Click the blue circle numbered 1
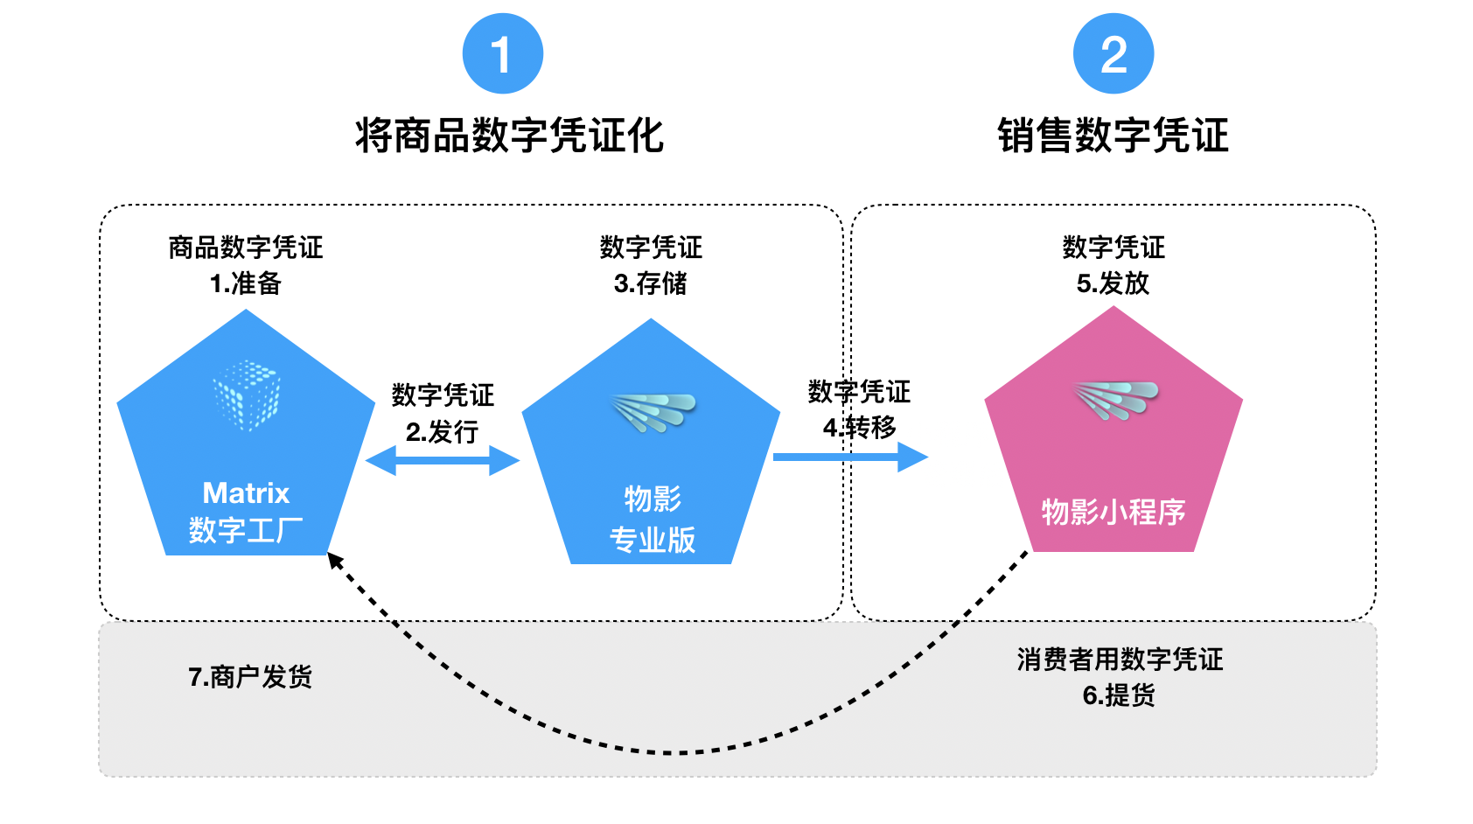(x=503, y=53)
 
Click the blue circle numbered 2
(x=1113, y=53)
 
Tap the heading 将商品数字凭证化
(x=510, y=136)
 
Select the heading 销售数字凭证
(x=1113, y=136)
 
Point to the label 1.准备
(x=246, y=283)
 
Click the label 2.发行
(x=442, y=432)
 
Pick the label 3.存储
(x=651, y=283)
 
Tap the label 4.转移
(x=860, y=428)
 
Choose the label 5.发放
(x=1113, y=283)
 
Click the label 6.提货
(x=1119, y=695)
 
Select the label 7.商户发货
(x=250, y=677)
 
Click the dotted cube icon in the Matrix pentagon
(x=247, y=395)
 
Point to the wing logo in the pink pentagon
(x=1116, y=400)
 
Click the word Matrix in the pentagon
(x=246, y=493)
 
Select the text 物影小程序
(x=1113, y=512)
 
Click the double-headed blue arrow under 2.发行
(x=443, y=460)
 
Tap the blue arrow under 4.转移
(x=851, y=457)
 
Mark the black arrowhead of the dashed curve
(x=335, y=561)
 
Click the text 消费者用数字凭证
(x=1120, y=660)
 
